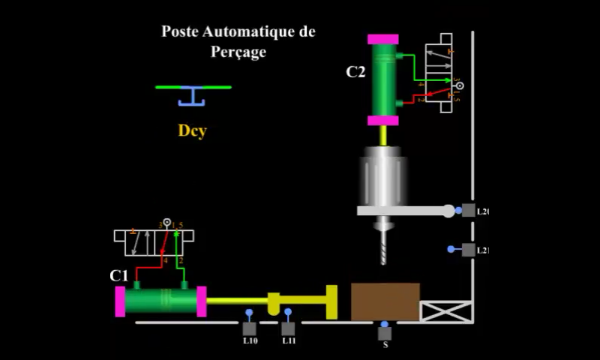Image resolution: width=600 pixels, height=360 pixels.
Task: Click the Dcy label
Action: click(192, 130)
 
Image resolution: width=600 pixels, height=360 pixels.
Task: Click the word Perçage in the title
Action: click(238, 52)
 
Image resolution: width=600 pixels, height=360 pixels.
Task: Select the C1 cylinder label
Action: click(118, 275)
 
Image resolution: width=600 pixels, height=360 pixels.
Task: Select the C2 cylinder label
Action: click(355, 72)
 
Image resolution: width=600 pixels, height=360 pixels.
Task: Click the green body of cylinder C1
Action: click(159, 301)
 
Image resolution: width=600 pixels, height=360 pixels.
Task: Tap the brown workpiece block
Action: click(385, 301)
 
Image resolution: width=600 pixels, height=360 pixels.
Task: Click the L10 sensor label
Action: click(250, 341)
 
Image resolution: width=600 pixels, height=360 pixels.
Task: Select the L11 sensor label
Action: click(289, 341)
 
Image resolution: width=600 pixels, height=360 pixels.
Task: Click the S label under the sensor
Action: click(385, 346)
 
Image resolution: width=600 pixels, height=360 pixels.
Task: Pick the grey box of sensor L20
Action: click(468, 211)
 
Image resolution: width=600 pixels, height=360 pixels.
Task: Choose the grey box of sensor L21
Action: click(468, 250)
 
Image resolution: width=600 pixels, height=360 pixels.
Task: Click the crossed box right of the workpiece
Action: click(445, 311)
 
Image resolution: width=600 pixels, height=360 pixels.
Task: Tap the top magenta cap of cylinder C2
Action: click(382, 39)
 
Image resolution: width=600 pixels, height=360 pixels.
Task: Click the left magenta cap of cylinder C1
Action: click(120, 301)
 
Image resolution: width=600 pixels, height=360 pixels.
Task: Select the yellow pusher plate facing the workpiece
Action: click(331, 301)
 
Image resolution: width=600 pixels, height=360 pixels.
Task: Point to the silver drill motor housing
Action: click(384, 176)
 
